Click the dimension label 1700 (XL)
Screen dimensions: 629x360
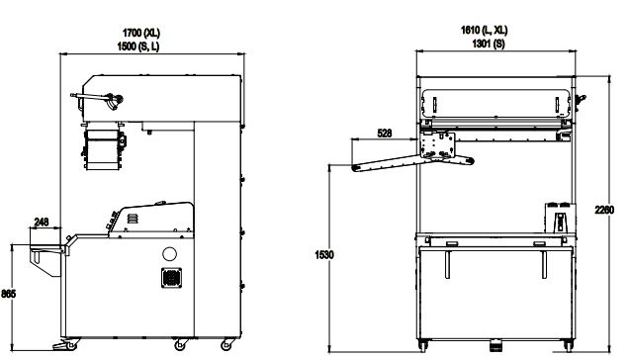(x=140, y=33)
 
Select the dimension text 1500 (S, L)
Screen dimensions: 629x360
(x=138, y=46)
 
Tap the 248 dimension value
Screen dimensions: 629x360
(x=42, y=222)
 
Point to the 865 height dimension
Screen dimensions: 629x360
(x=8, y=294)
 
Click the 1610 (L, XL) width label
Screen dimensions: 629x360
(x=484, y=30)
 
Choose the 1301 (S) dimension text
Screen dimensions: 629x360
(x=489, y=44)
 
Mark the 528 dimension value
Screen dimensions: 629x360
(x=385, y=133)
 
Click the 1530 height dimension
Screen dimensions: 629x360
(x=324, y=255)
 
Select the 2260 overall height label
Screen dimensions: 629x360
(x=604, y=210)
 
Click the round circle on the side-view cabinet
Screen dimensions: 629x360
(x=169, y=253)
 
